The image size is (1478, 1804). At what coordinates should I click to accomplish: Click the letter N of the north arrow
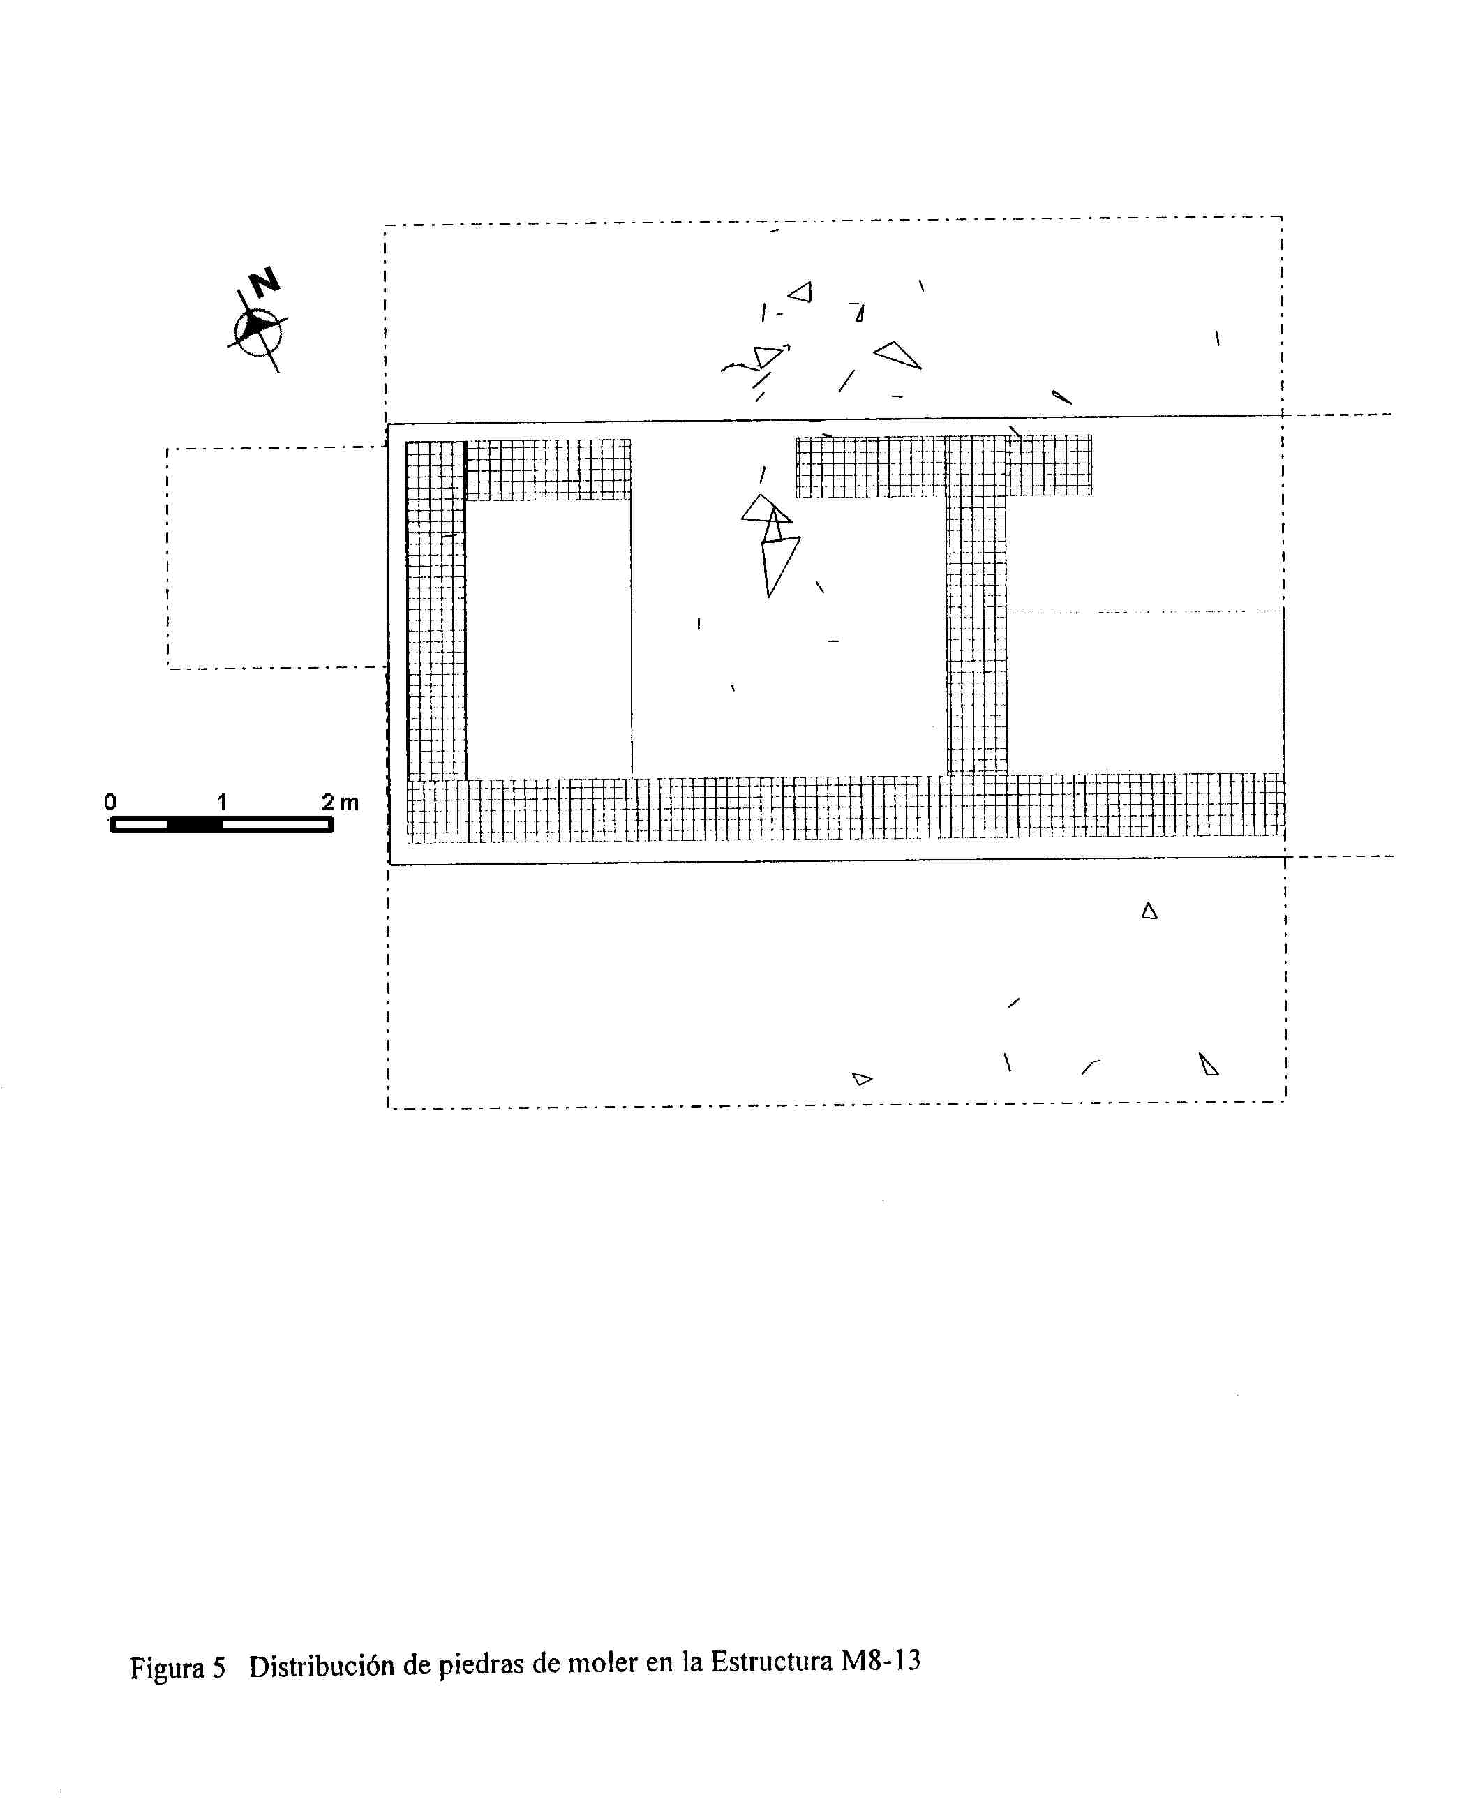(x=264, y=281)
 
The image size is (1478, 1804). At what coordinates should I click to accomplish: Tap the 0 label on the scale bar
(x=110, y=802)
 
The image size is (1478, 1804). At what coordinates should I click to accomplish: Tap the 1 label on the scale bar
(x=221, y=802)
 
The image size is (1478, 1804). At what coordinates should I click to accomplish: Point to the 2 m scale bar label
(x=340, y=802)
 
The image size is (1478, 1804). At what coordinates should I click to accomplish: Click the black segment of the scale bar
(x=194, y=824)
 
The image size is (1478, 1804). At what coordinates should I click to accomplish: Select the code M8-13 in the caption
(x=881, y=1660)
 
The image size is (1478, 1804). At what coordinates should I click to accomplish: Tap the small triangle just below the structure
(x=1149, y=911)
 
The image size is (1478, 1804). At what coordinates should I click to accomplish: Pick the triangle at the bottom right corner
(x=1208, y=1065)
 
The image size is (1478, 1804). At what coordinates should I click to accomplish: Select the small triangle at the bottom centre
(x=862, y=1079)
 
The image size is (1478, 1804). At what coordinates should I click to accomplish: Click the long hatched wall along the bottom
(x=846, y=808)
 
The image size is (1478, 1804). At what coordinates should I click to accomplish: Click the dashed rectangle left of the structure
(x=167, y=558)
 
